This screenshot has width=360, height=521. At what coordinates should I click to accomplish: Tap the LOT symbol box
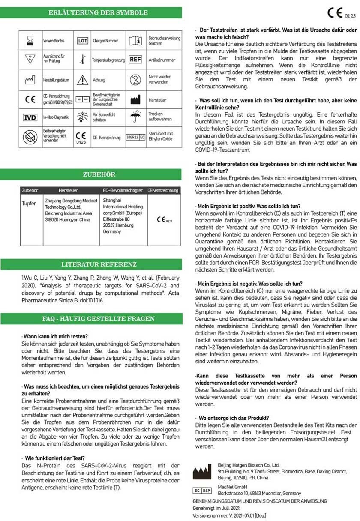tap(82, 41)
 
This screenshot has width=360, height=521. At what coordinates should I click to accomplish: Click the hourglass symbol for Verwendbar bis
tap(30, 41)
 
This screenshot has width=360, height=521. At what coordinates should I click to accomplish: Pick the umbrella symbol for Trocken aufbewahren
tap(135, 117)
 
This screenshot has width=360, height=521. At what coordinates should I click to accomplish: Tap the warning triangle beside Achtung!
tap(82, 80)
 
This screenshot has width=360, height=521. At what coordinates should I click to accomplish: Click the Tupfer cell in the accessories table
tap(29, 204)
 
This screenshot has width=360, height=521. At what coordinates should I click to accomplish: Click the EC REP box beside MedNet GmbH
tap(202, 490)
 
